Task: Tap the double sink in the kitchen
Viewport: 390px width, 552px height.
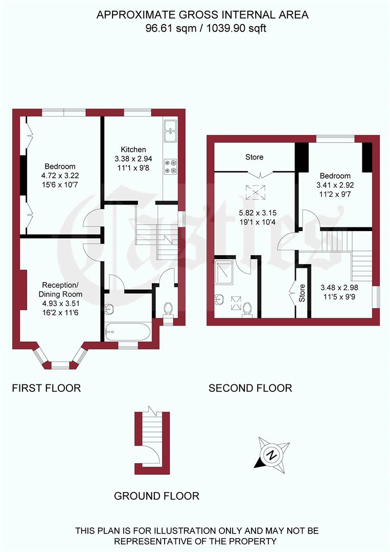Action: click(170, 131)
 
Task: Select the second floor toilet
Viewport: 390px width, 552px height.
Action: click(247, 309)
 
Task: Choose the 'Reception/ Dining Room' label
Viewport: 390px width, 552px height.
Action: click(60, 290)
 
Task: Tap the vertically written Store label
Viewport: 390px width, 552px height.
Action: click(302, 293)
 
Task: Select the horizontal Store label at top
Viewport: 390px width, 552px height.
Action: click(254, 157)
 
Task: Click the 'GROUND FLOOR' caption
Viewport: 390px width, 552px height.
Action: click(156, 496)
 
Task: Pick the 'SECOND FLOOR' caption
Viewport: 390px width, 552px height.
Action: click(250, 388)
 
